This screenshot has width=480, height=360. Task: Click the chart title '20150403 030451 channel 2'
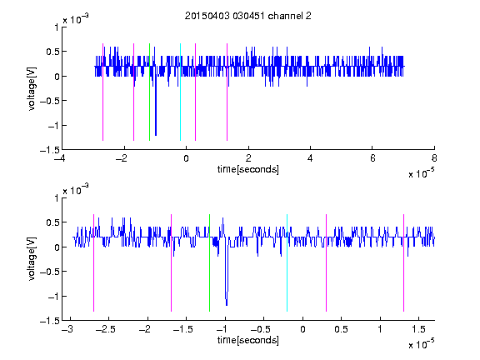click(x=248, y=16)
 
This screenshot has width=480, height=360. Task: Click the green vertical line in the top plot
click(x=149, y=92)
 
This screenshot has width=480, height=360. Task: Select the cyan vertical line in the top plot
click(x=180, y=92)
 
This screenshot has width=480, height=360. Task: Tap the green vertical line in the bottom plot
click(x=209, y=263)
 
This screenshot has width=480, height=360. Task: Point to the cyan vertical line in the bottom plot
click(x=287, y=263)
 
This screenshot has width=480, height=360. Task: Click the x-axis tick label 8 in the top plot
click(x=434, y=158)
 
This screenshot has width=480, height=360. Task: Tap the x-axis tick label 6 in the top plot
click(x=372, y=158)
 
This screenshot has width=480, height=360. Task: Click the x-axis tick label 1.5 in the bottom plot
click(x=418, y=329)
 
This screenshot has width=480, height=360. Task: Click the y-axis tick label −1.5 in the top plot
click(x=49, y=150)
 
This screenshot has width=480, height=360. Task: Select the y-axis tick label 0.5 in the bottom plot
click(x=52, y=222)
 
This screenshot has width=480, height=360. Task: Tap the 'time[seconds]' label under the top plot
click(x=248, y=169)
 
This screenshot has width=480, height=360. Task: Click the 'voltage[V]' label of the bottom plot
click(x=32, y=259)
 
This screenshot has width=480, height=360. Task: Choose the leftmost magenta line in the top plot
click(x=102, y=92)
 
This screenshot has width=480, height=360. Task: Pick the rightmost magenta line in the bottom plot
click(x=403, y=263)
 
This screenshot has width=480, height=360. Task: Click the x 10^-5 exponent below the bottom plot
click(x=421, y=344)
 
